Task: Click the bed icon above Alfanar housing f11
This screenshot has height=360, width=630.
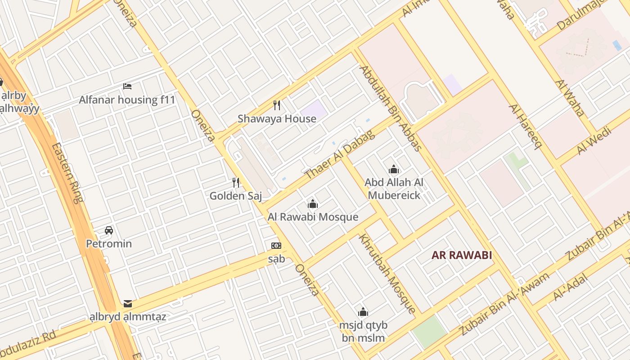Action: coord(127,86)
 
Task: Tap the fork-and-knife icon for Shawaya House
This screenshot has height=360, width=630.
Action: coord(277,105)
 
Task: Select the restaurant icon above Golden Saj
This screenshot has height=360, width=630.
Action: coord(235,182)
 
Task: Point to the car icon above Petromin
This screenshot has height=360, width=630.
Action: coord(109,230)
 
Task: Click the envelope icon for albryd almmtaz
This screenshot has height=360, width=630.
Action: coord(128,304)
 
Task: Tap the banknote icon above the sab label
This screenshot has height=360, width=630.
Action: coord(276,246)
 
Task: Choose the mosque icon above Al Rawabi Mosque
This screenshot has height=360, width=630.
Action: coord(313,204)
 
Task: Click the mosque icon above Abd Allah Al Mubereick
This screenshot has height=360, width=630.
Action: coord(394,169)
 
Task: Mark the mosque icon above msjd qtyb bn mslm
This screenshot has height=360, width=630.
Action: coord(363,312)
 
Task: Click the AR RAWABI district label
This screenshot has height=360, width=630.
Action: coord(462,255)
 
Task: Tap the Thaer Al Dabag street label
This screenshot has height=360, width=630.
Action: coord(339,155)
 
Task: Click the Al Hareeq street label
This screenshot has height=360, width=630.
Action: coord(524,126)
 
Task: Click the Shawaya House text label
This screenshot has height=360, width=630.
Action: coord(277,119)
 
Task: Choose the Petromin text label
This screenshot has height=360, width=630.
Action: coord(109,244)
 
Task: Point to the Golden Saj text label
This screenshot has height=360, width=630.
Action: coord(235,196)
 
